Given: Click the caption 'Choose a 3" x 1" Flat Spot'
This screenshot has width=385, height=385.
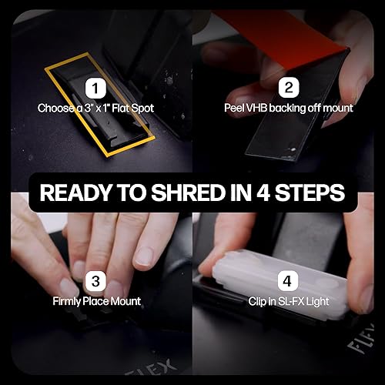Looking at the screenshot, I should (96, 109).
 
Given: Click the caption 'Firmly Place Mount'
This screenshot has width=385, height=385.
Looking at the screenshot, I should (96, 300).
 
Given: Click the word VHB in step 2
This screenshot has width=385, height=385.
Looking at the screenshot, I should (258, 109).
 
